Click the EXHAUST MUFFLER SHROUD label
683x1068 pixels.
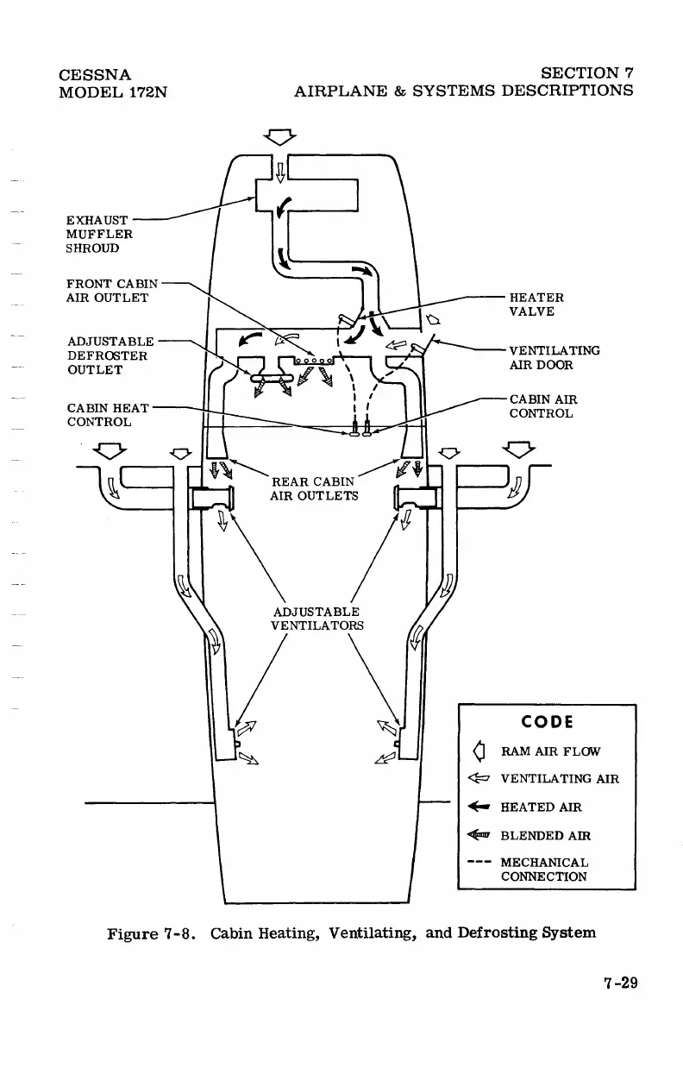click(x=98, y=234)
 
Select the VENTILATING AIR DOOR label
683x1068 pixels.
click(x=555, y=357)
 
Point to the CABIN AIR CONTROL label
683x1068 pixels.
click(x=542, y=406)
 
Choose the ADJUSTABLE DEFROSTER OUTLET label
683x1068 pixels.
click(x=110, y=355)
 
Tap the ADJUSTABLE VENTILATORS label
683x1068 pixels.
click(x=316, y=618)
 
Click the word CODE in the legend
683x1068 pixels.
click(x=547, y=721)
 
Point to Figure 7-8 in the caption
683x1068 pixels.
click(x=154, y=933)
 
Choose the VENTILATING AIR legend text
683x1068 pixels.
click(x=560, y=779)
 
